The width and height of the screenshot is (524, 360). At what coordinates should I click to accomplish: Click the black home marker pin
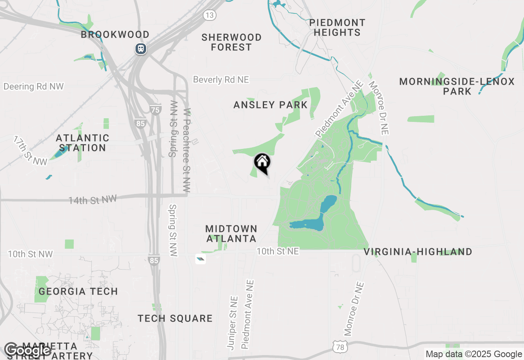(262, 163)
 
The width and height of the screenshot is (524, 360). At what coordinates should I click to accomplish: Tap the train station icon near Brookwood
(141, 49)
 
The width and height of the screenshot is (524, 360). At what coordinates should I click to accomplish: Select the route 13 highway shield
(210, 16)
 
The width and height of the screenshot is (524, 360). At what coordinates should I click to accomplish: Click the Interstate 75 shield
(156, 110)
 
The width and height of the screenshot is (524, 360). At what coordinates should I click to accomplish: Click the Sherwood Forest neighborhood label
(232, 42)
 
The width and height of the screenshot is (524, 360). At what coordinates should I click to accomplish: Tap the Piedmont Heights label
(337, 27)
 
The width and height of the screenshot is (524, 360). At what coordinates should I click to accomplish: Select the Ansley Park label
(270, 105)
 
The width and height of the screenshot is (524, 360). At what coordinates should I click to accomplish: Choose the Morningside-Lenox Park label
(457, 86)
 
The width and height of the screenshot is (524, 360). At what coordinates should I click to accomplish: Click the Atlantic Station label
(83, 143)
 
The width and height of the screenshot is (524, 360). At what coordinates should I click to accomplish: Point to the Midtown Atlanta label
(231, 233)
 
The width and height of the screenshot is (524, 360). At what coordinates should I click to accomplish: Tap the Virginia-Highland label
(418, 252)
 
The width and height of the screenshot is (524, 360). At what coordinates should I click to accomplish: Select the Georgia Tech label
(78, 291)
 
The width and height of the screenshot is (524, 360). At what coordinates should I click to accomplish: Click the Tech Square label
(175, 318)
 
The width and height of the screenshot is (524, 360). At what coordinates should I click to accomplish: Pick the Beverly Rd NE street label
(221, 80)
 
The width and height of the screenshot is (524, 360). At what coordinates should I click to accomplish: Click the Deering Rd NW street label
(34, 86)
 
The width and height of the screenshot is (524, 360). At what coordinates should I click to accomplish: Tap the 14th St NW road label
(93, 200)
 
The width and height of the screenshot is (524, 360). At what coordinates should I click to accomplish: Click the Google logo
(28, 350)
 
